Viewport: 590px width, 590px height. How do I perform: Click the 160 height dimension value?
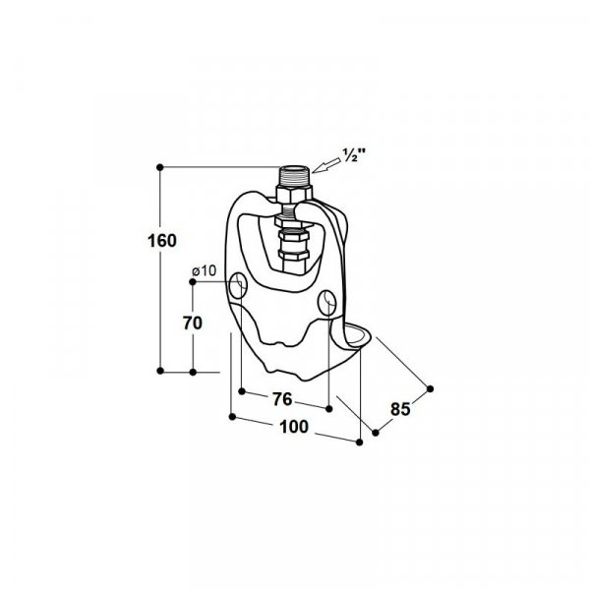click(162, 241)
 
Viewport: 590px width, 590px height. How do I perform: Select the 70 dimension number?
click(193, 323)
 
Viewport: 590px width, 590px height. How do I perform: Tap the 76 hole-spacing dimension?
click(282, 399)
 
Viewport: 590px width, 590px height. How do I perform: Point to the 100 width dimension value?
click(294, 427)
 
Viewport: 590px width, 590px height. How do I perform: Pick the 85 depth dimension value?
click(400, 409)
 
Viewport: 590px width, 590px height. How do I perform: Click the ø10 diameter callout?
click(204, 270)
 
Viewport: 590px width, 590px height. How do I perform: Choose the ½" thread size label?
click(354, 154)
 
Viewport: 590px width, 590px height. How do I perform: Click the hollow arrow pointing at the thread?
click(325, 165)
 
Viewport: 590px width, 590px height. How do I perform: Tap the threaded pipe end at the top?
click(294, 175)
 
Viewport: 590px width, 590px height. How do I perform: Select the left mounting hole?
click(238, 286)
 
